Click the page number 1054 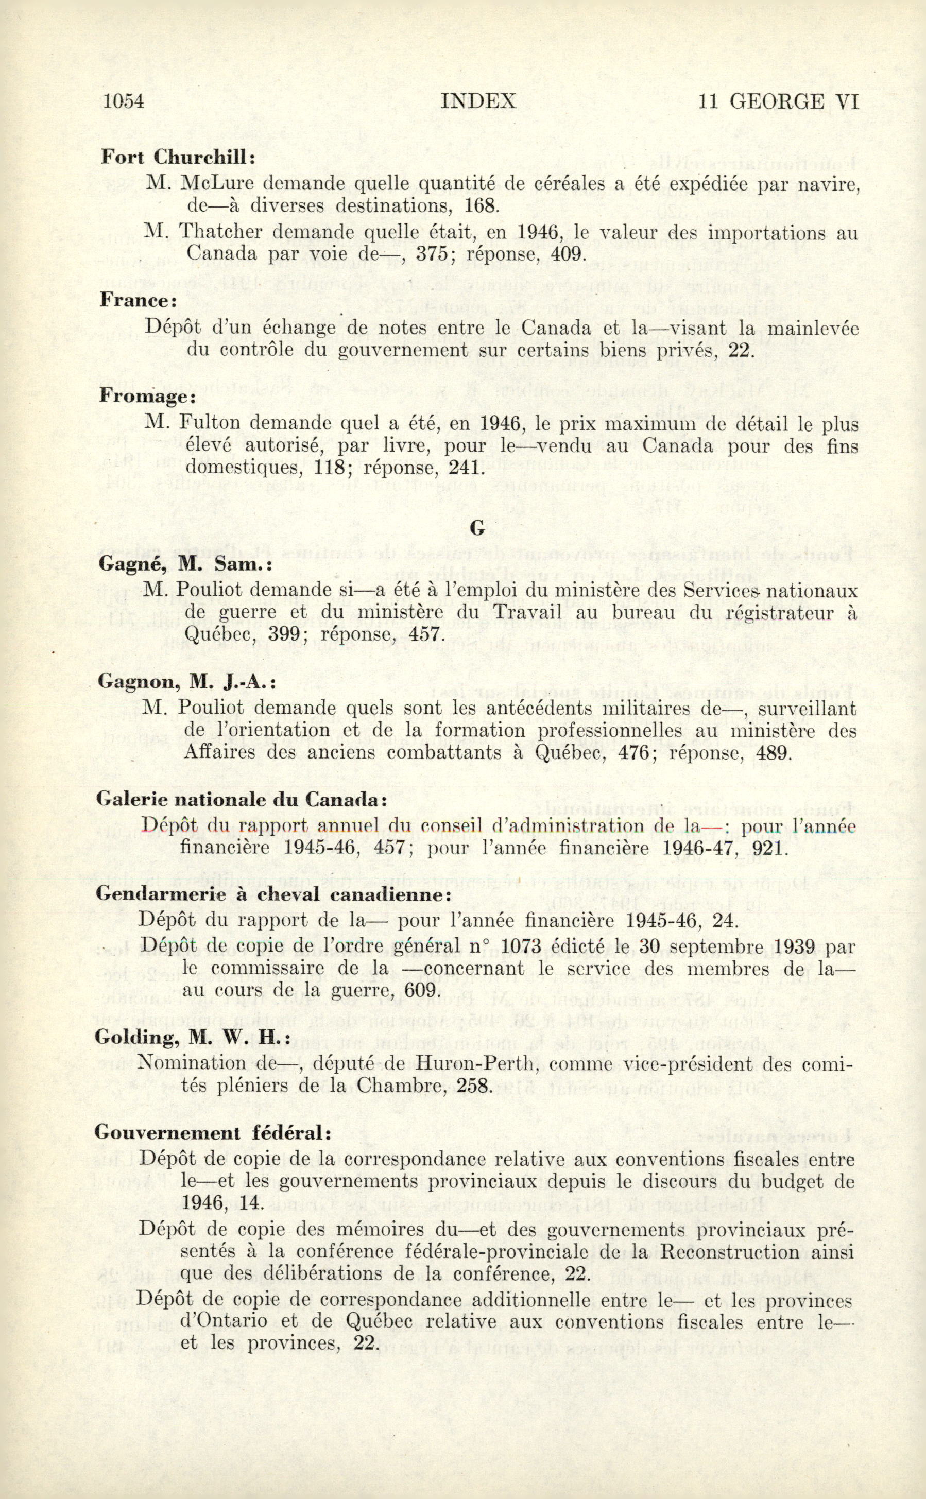(x=124, y=101)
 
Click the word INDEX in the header (x=478, y=101)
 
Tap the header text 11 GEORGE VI (x=778, y=101)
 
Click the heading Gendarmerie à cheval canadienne (x=273, y=894)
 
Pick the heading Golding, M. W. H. (x=192, y=1037)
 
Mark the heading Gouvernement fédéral (x=213, y=1132)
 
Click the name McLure (x=213, y=183)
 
